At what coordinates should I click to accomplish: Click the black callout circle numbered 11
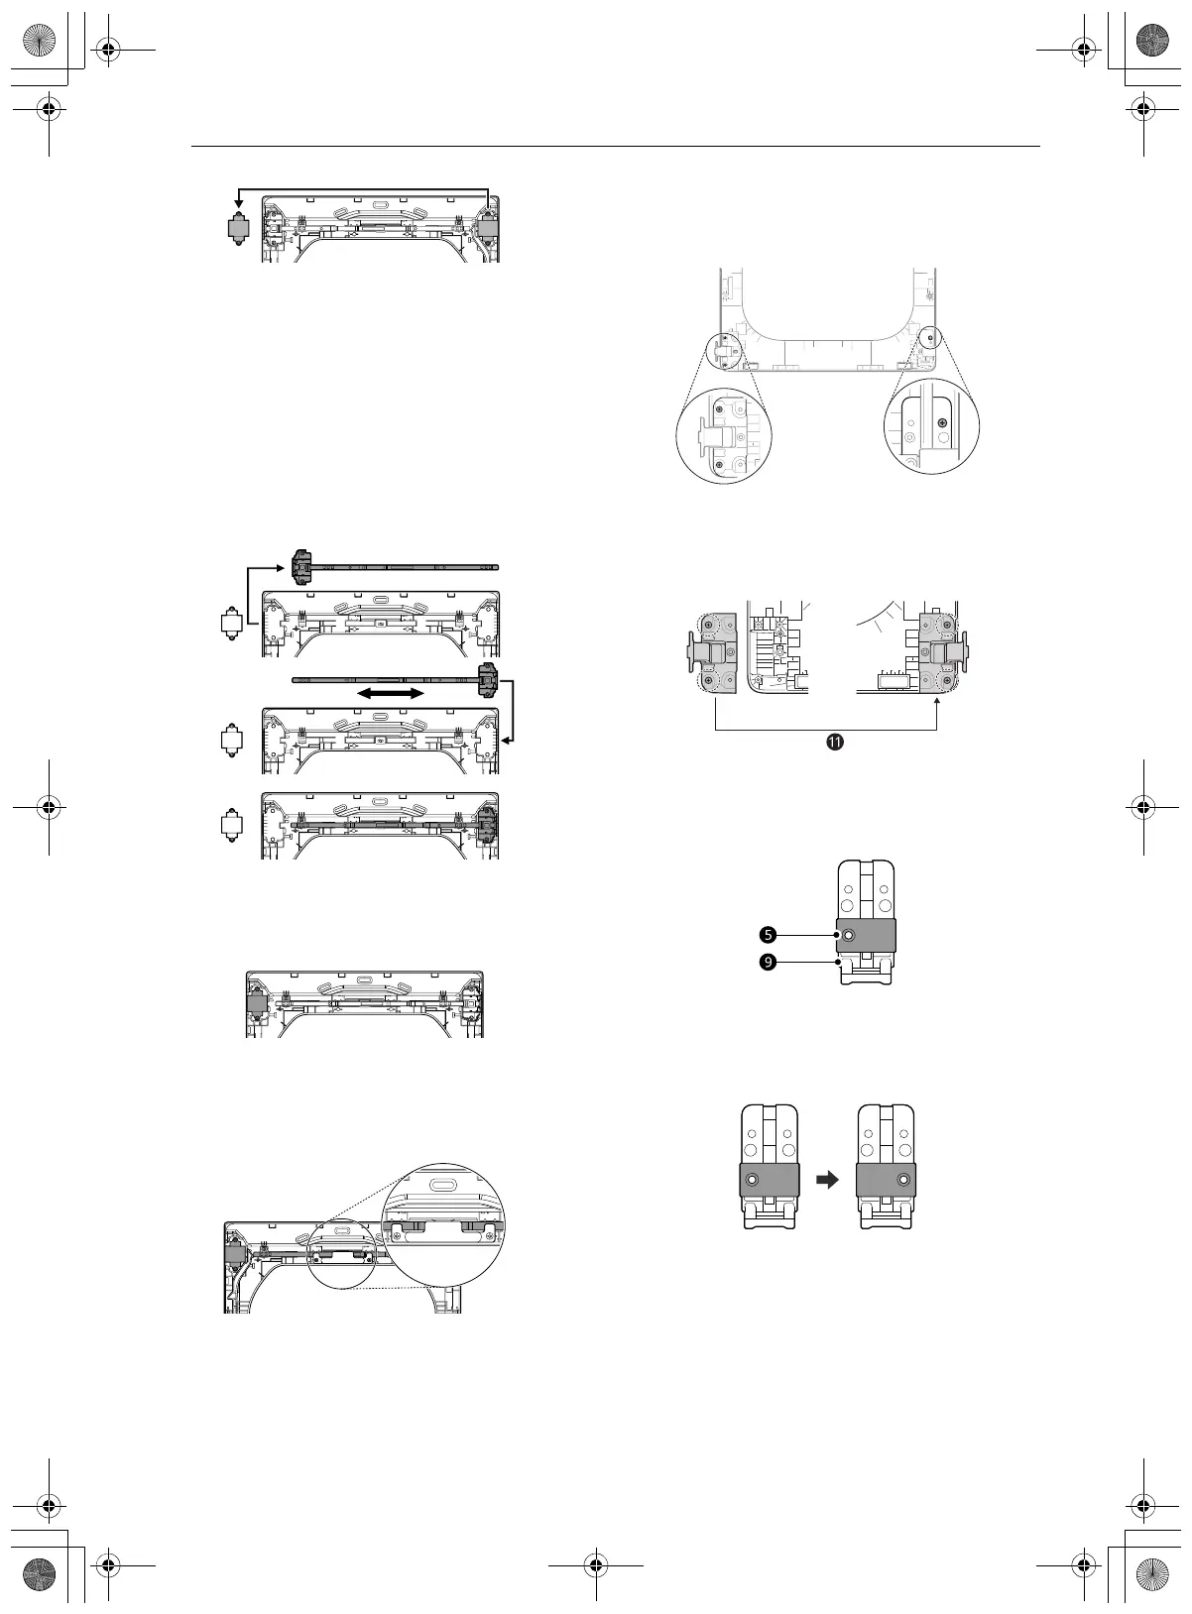point(835,743)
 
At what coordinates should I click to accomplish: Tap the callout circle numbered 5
point(768,935)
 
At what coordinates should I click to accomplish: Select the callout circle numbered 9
point(768,962)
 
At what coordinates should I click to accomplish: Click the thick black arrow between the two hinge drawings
point(827,1179)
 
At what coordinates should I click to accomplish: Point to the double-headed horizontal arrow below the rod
point(391,693)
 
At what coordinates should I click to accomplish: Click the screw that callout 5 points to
point(848,936)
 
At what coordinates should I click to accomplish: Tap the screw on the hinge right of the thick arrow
point(903,1179)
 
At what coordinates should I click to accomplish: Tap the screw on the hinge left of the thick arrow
point(753,1179)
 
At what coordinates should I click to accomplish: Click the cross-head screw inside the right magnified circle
point(941,422)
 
